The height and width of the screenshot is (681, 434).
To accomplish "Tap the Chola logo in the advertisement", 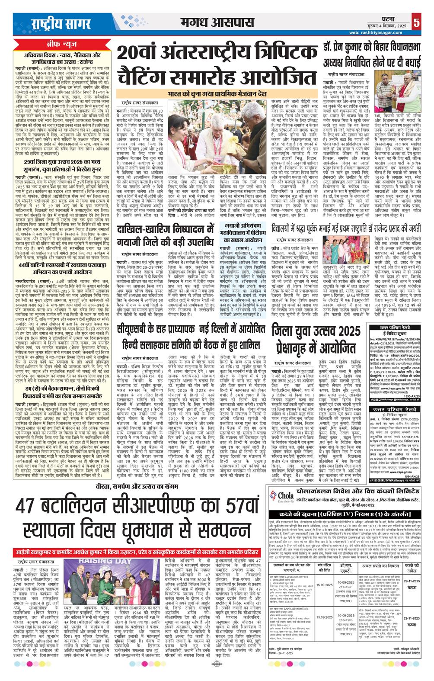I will click(281, 496).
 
